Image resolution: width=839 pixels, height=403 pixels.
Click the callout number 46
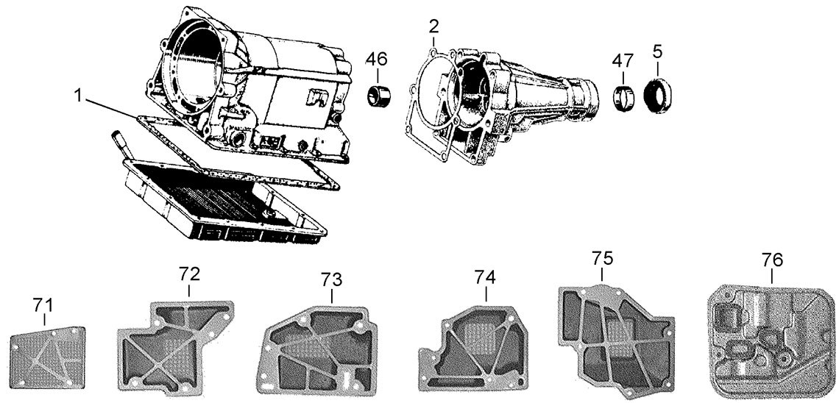coord(377,58)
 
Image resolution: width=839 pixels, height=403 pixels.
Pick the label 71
coord(43,304)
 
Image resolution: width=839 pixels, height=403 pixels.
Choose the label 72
coord(189,275)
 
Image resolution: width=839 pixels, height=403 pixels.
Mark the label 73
coord(331,280)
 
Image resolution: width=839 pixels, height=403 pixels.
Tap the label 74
coord(485,277)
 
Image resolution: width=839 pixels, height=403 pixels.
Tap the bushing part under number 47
coord(625,97)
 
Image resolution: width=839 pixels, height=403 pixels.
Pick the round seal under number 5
coord(656,96)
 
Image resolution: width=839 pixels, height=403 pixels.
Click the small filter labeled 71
coord(48,357)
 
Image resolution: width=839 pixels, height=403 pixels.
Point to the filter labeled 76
coord(772,339)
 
